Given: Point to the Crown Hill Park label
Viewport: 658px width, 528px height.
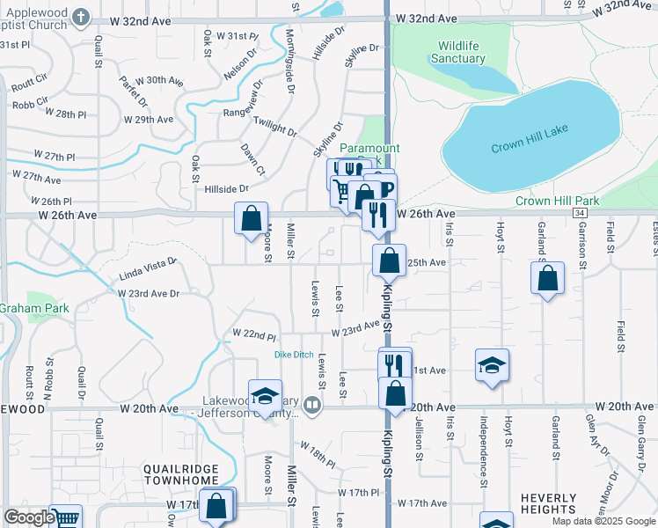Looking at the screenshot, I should coord(557,202).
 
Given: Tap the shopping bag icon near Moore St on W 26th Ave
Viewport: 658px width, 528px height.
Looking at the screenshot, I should coord(252,216).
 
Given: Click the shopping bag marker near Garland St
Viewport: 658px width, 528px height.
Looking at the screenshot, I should coord(547,278).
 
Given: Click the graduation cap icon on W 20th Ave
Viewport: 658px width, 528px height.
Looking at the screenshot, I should coord(264,396).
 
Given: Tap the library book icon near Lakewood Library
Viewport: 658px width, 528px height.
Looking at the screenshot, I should coord(312,406).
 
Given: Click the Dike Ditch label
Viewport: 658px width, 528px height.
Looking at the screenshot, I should coord(294,355).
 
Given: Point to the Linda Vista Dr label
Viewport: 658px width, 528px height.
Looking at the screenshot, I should coord(148,268).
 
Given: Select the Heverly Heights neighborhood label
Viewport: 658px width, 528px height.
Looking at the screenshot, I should coord(548,503).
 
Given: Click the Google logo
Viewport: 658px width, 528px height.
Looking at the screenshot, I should coord(28,517).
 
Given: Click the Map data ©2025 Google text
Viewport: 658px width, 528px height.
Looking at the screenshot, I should coord(603,521).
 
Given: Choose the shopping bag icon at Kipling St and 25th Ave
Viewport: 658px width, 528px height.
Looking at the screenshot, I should coord(389,260).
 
